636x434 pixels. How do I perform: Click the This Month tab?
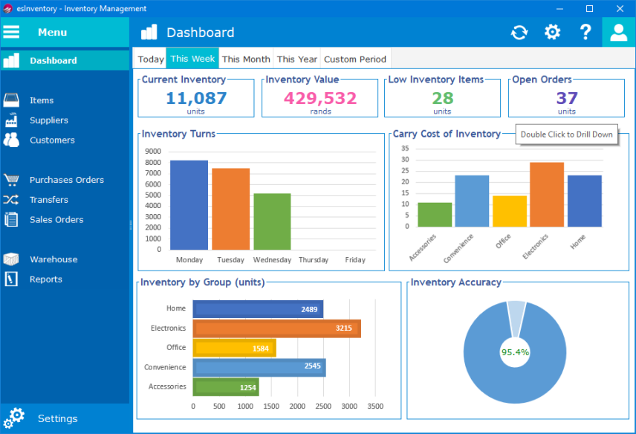[246, 59]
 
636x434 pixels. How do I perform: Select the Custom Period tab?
[355, 59]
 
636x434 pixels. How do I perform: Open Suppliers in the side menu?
[48, 120]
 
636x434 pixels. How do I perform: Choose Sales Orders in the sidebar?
[56, 220]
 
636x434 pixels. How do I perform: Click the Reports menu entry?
[45, 279]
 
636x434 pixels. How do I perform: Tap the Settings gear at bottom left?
[14, 418]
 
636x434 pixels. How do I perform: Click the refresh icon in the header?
[519, 32]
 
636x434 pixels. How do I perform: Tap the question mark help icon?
[585, 32]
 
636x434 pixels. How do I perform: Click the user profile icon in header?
[618, 32]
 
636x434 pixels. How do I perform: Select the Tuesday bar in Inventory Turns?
[230, 209]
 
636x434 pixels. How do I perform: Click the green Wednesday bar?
[272, 221]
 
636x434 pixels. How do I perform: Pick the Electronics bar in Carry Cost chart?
[546, 195]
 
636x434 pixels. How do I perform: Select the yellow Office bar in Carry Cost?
[510, 211]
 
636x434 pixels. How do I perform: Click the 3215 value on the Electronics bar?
[343, 328]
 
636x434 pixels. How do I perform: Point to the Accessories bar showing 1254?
[225, 387]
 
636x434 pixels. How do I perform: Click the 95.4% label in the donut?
[515, 352]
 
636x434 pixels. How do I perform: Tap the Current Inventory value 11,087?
[196, 98]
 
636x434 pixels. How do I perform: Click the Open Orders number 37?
[567, 98]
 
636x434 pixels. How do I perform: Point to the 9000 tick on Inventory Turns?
[154, 151]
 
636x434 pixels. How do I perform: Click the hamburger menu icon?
[11, 32]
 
